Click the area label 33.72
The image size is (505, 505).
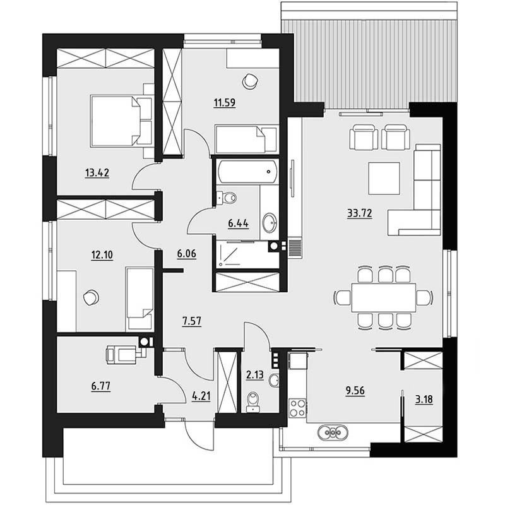click(360, 213)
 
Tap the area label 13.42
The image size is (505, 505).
click(97, 173)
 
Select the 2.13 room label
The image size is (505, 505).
click(255, 375)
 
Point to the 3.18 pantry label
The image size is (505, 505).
click(424, 400)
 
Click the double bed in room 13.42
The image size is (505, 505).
click(121, 121)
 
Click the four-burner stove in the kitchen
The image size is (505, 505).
click(297, 408)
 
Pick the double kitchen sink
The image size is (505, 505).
click(333, 432)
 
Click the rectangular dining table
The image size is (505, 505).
click(384, 297)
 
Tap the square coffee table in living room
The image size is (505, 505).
click(384, 179)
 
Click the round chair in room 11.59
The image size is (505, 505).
click(249, 81)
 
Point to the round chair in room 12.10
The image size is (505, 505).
click(90, 297)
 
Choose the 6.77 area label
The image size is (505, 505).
click(101, 386)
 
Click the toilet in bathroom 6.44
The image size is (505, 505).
click(227, 198)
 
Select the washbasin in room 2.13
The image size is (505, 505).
click(273, 381)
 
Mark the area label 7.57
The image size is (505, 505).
click(192, 321)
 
